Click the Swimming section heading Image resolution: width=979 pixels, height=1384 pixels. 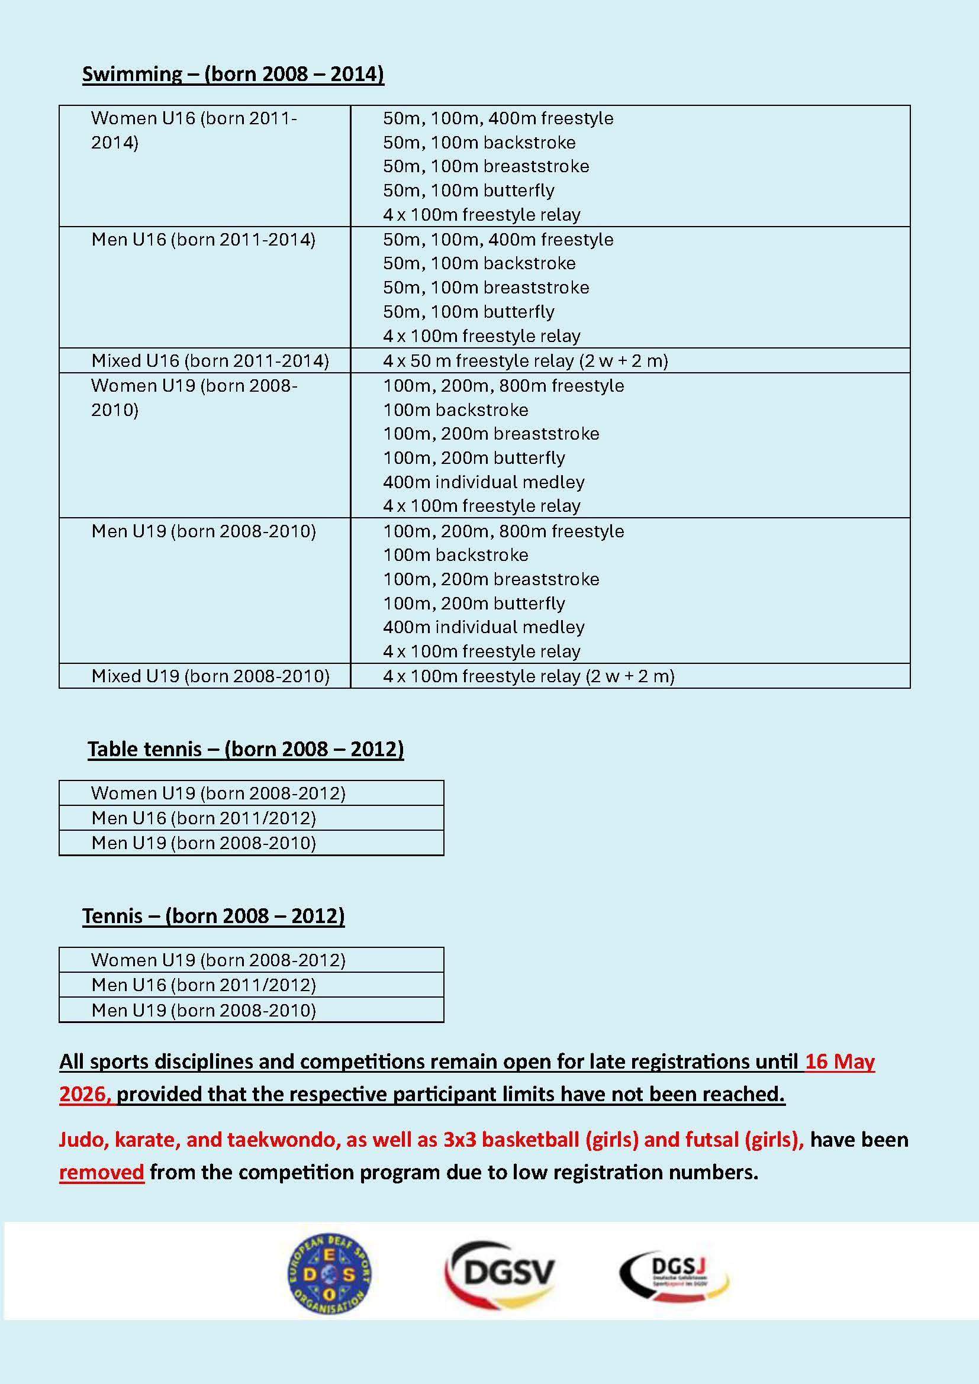pos(233,74)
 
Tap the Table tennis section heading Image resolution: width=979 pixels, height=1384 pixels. pos(246,749)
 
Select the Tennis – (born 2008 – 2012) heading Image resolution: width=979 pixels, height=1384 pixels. pos(214,915)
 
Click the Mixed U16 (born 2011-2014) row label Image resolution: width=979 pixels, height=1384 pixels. pos(210,360)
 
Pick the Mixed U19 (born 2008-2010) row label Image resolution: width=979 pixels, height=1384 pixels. pos(210,676)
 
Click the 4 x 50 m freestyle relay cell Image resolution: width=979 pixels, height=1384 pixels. pos(525,360)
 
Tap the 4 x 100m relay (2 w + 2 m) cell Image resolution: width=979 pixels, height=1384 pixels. pos(528,676)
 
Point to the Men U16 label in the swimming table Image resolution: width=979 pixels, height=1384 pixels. pos(203,240)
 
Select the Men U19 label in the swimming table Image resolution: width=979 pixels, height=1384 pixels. pos(203,531)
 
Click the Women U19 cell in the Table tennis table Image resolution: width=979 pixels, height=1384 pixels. pos(218,793)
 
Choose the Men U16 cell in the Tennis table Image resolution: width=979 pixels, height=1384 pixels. pos(203,985)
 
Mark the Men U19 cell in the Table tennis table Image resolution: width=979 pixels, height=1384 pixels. pos(203,843)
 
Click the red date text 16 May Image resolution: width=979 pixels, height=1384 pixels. pos(839,1061)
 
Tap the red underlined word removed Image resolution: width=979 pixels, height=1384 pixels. pos(101,1172)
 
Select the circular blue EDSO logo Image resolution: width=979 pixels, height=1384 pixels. pos(329,1274)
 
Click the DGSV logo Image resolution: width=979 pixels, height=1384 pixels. pos(500,1274)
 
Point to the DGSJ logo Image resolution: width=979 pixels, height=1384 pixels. pos(675,1274)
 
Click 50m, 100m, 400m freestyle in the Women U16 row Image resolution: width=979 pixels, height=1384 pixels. pos(498,118)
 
